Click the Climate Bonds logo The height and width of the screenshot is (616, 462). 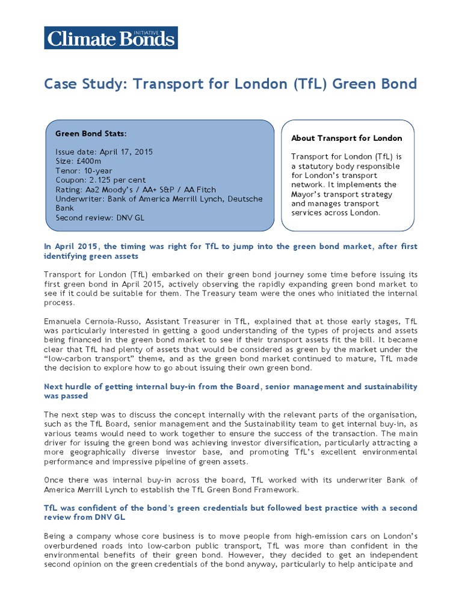(111, 38)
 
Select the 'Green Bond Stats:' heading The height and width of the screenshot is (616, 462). (91, 133)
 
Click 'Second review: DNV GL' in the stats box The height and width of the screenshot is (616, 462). (100, 217)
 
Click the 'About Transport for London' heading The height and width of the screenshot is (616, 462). (346, 138)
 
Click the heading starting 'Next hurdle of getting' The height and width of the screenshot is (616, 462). (230, 386)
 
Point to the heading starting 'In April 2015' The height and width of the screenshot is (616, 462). (230, 247)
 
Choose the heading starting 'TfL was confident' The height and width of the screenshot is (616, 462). (230, 508)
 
